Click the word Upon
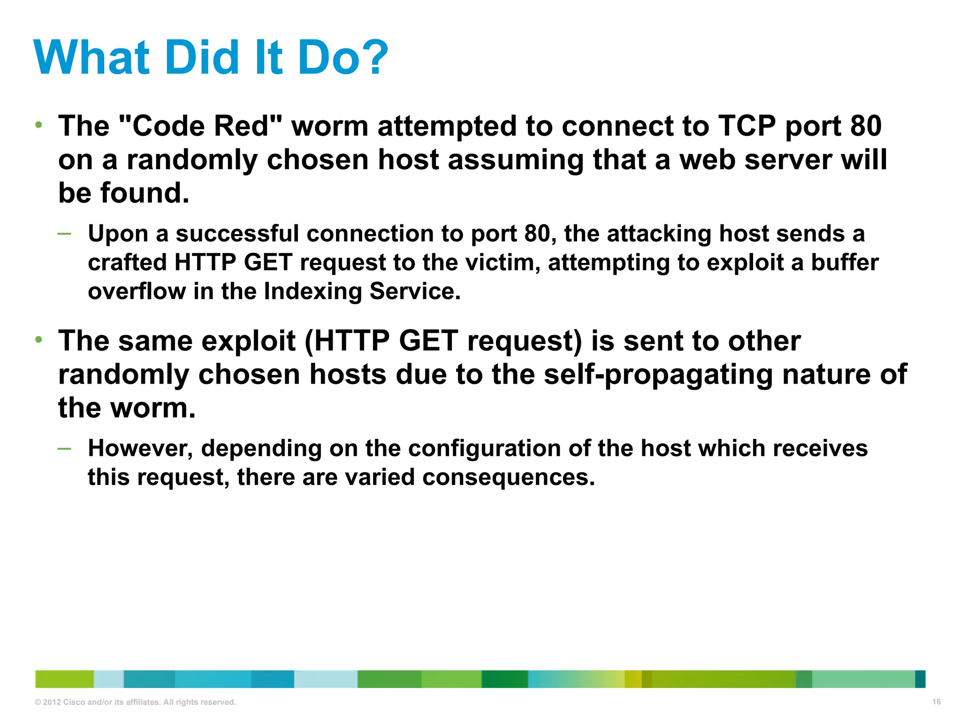click(118, 234)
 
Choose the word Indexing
click(313, 291)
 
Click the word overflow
click(137, 291)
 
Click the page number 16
click(936, 702)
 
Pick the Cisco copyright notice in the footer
click(135, 702)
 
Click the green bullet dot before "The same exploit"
click(39, 339)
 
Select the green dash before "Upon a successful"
click(64, 233)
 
